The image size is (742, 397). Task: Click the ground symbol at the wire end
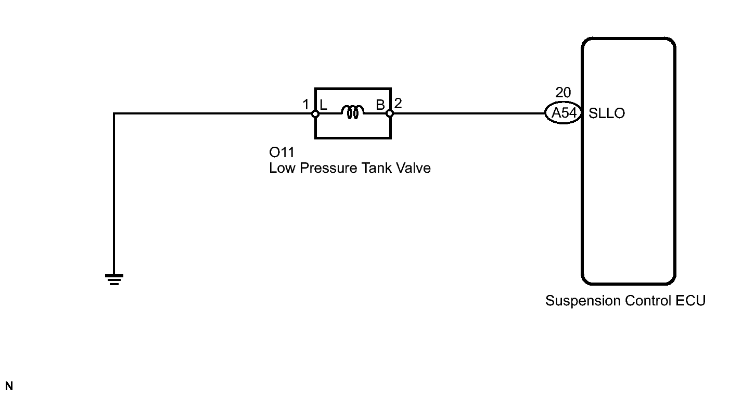pyautogui.click(x=114, y=279)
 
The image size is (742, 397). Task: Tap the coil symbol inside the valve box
pyautogui.click(x=352, y=112)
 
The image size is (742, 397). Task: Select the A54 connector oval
pyautogui.click(x=564, y=113)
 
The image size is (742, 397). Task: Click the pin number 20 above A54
pyautogui.click(x=563, y=93)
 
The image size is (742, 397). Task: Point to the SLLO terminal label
pyautogui.click(x=607, y=113)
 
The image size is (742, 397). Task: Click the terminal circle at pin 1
pyautogui.click(x=315, y=114)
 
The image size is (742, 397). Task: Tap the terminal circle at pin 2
pyautogui.click(x=390, y=114)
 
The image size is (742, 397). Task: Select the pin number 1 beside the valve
pyautogui.click(x=305, y=105)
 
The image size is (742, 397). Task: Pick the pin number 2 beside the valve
pyautogui.click(x=398, y=104)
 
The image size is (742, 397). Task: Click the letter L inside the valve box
pyautogui.click(x=323, y=105)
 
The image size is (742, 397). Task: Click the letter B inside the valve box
pyautogui.click(x=380, y=105)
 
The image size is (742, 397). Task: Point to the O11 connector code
pyautogui.click(x=282, y=152)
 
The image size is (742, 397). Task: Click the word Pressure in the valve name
pyautogui.click(x=329, y=168)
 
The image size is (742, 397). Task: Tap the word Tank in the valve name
pyautogui.click(x=376, y=168)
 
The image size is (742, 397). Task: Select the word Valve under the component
pyautogui.click(x=413, y=168)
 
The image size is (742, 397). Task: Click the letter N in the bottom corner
pyautogui.click(x=9, y=386)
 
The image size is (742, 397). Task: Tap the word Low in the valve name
pyautogui.click(x=282, y=168)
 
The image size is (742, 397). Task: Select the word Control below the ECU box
pyautogui.click(x=648, y=301)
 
